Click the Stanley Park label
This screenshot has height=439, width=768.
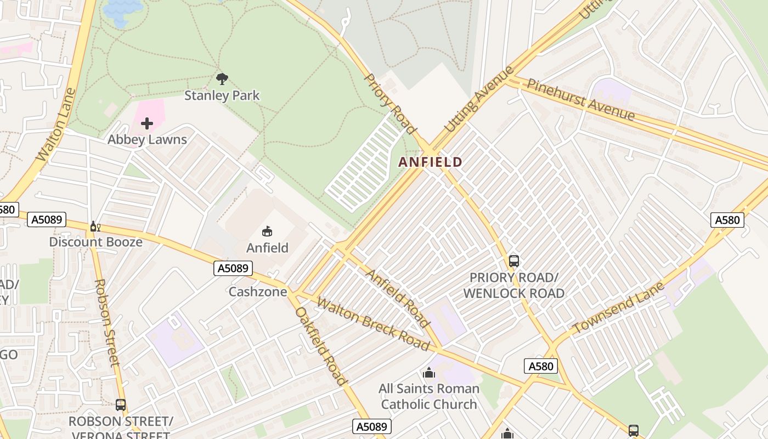(222, 95)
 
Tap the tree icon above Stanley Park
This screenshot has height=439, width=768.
(222, 79)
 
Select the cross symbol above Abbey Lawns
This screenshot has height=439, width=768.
(147, 123)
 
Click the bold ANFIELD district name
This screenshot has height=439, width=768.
(431, 162)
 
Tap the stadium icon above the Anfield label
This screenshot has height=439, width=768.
(267, 232)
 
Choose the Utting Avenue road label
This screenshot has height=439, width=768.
(479, 99)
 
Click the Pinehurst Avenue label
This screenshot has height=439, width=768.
(580, 99)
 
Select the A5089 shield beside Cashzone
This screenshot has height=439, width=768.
(233, 268)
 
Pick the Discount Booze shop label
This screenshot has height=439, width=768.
(95, 242)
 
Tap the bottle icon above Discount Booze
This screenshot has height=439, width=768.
(94, 226)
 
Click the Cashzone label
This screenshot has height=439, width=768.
(257, 291)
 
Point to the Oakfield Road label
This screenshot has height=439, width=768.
(321, 346)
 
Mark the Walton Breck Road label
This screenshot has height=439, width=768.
(372, 324)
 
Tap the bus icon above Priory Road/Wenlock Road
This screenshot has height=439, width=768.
(513, 261)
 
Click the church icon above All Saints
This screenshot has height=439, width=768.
(429, 373)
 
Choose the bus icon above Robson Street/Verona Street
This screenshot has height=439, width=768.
(121, 405)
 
